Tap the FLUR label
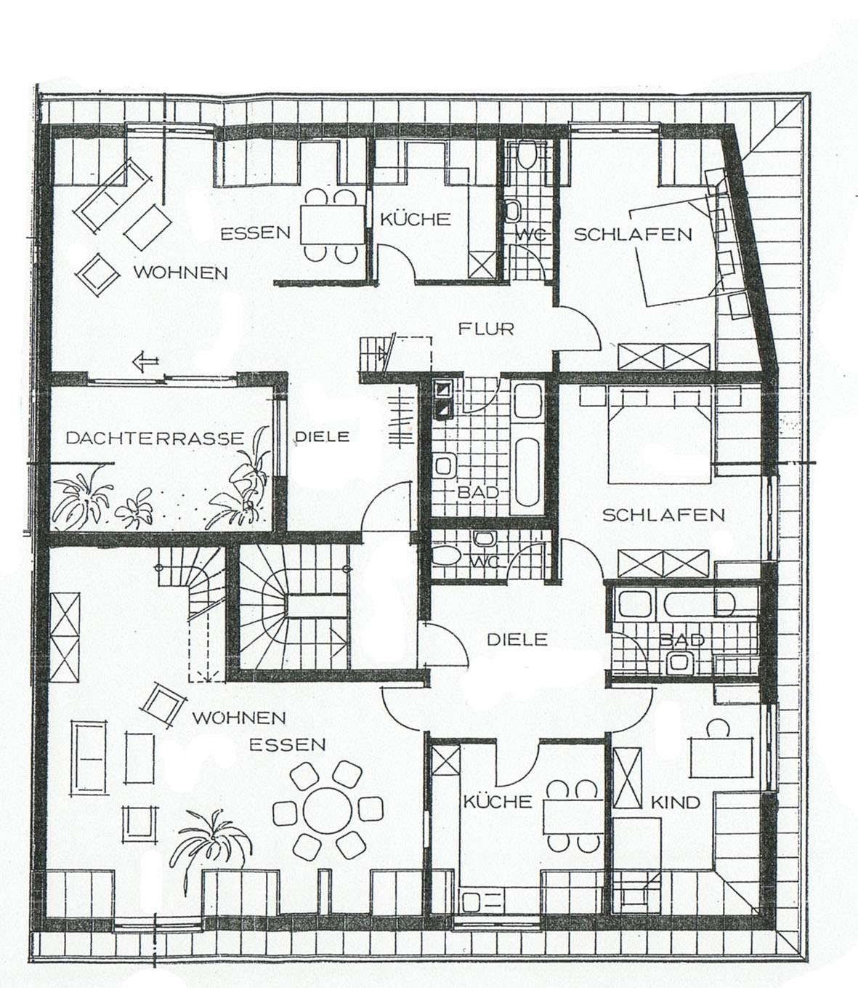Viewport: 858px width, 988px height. coord(486,329)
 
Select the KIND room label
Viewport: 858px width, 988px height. coord(676,803)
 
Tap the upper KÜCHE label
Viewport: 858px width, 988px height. coord(415,220)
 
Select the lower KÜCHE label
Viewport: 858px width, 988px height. coord(497,802)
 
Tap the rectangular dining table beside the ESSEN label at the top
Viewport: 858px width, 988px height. coord(332,225)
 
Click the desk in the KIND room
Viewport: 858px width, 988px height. coord(721,758)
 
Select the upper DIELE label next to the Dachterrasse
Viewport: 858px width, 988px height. coord(322,436)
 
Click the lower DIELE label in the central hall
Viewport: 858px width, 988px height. coord(517,640)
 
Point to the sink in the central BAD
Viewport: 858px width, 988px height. coord(444,467)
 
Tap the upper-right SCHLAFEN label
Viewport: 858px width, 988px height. coord(633,235)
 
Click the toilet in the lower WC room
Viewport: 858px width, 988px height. coord(446,557)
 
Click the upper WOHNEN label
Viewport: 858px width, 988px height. coord(180,273)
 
